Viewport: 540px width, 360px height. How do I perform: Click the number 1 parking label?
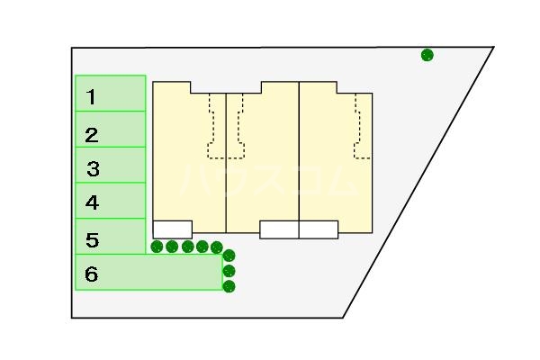coord(91,96)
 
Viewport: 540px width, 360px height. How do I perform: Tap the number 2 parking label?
coord(91,136)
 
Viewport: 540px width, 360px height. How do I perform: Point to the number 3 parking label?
coord(93,168)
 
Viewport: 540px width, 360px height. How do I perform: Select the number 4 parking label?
coord(92,203)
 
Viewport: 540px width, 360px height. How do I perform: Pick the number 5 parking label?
coord(92,240)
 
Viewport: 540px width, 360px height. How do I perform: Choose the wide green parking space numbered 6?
coord(148,273)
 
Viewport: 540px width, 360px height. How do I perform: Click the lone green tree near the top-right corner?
coord(427,55)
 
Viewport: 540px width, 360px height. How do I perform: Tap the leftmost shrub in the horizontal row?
coord(157,247)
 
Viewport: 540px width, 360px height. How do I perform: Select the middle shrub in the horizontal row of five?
coord(187,247)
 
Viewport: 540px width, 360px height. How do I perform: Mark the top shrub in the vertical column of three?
coord(229,256)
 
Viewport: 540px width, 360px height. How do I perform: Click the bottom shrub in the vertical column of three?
coord(229,287)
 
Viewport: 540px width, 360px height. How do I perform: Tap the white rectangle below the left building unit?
coord(172,229)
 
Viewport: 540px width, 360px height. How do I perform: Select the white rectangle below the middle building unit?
coord(279,229)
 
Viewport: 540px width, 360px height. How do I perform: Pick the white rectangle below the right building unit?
coord(319,229)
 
